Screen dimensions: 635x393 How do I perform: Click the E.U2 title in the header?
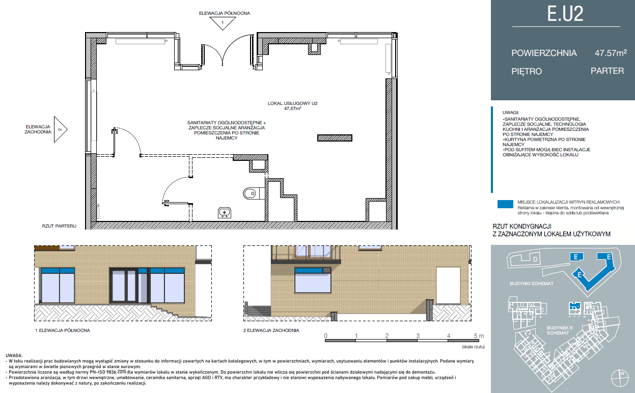click(x=565, y=14)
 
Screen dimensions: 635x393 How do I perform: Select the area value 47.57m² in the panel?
click(x=611, y=53)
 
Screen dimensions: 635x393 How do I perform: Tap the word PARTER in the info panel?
click(x=607, y=71)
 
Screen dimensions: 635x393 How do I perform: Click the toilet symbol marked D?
click(x=251, y=194)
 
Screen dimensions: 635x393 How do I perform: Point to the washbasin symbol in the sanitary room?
click(x=225, y=213)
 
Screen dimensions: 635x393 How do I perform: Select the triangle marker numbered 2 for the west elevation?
click(x=61, y=129)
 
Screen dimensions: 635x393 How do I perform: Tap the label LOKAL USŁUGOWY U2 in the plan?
click(x=293, y=103)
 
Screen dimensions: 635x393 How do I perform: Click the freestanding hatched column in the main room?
click(x=335, y=138)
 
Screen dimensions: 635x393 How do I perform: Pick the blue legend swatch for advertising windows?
click(x=505, y=204)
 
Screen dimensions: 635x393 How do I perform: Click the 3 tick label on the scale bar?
click(x=418, y=336)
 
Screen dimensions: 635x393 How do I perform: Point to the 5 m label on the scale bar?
click(x=479, y=336)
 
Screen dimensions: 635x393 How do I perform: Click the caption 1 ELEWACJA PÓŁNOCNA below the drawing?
click(x=62, y=330)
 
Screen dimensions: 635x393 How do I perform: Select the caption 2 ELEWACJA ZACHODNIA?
click(x=271, y=330)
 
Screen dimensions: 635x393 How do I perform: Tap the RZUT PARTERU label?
click(x=59, y=226)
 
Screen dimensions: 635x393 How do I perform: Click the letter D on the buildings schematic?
click(x=535, y=259)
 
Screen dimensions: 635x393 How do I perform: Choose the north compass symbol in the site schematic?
click(x=620, y=378)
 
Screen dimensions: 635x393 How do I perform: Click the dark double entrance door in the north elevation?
click(x=124, y=286)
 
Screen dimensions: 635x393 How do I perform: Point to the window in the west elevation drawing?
click(x=313, y=280)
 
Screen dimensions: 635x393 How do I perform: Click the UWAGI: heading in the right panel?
click(x=511, y=113)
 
